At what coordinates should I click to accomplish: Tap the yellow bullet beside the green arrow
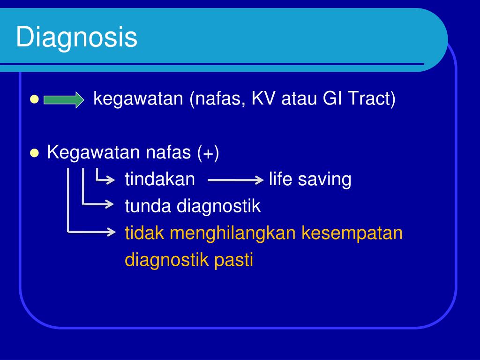coord(34,99)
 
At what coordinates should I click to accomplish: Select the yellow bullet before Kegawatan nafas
coord(34,153)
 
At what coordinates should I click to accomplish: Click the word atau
coord(299,98)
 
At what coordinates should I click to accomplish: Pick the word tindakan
coord(160,179)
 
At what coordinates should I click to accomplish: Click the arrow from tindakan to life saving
coord(236,180)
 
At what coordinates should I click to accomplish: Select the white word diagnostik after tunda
coord(218,206)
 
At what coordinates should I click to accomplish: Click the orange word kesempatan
coord(352,234)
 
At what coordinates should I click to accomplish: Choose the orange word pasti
coord(233,260)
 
